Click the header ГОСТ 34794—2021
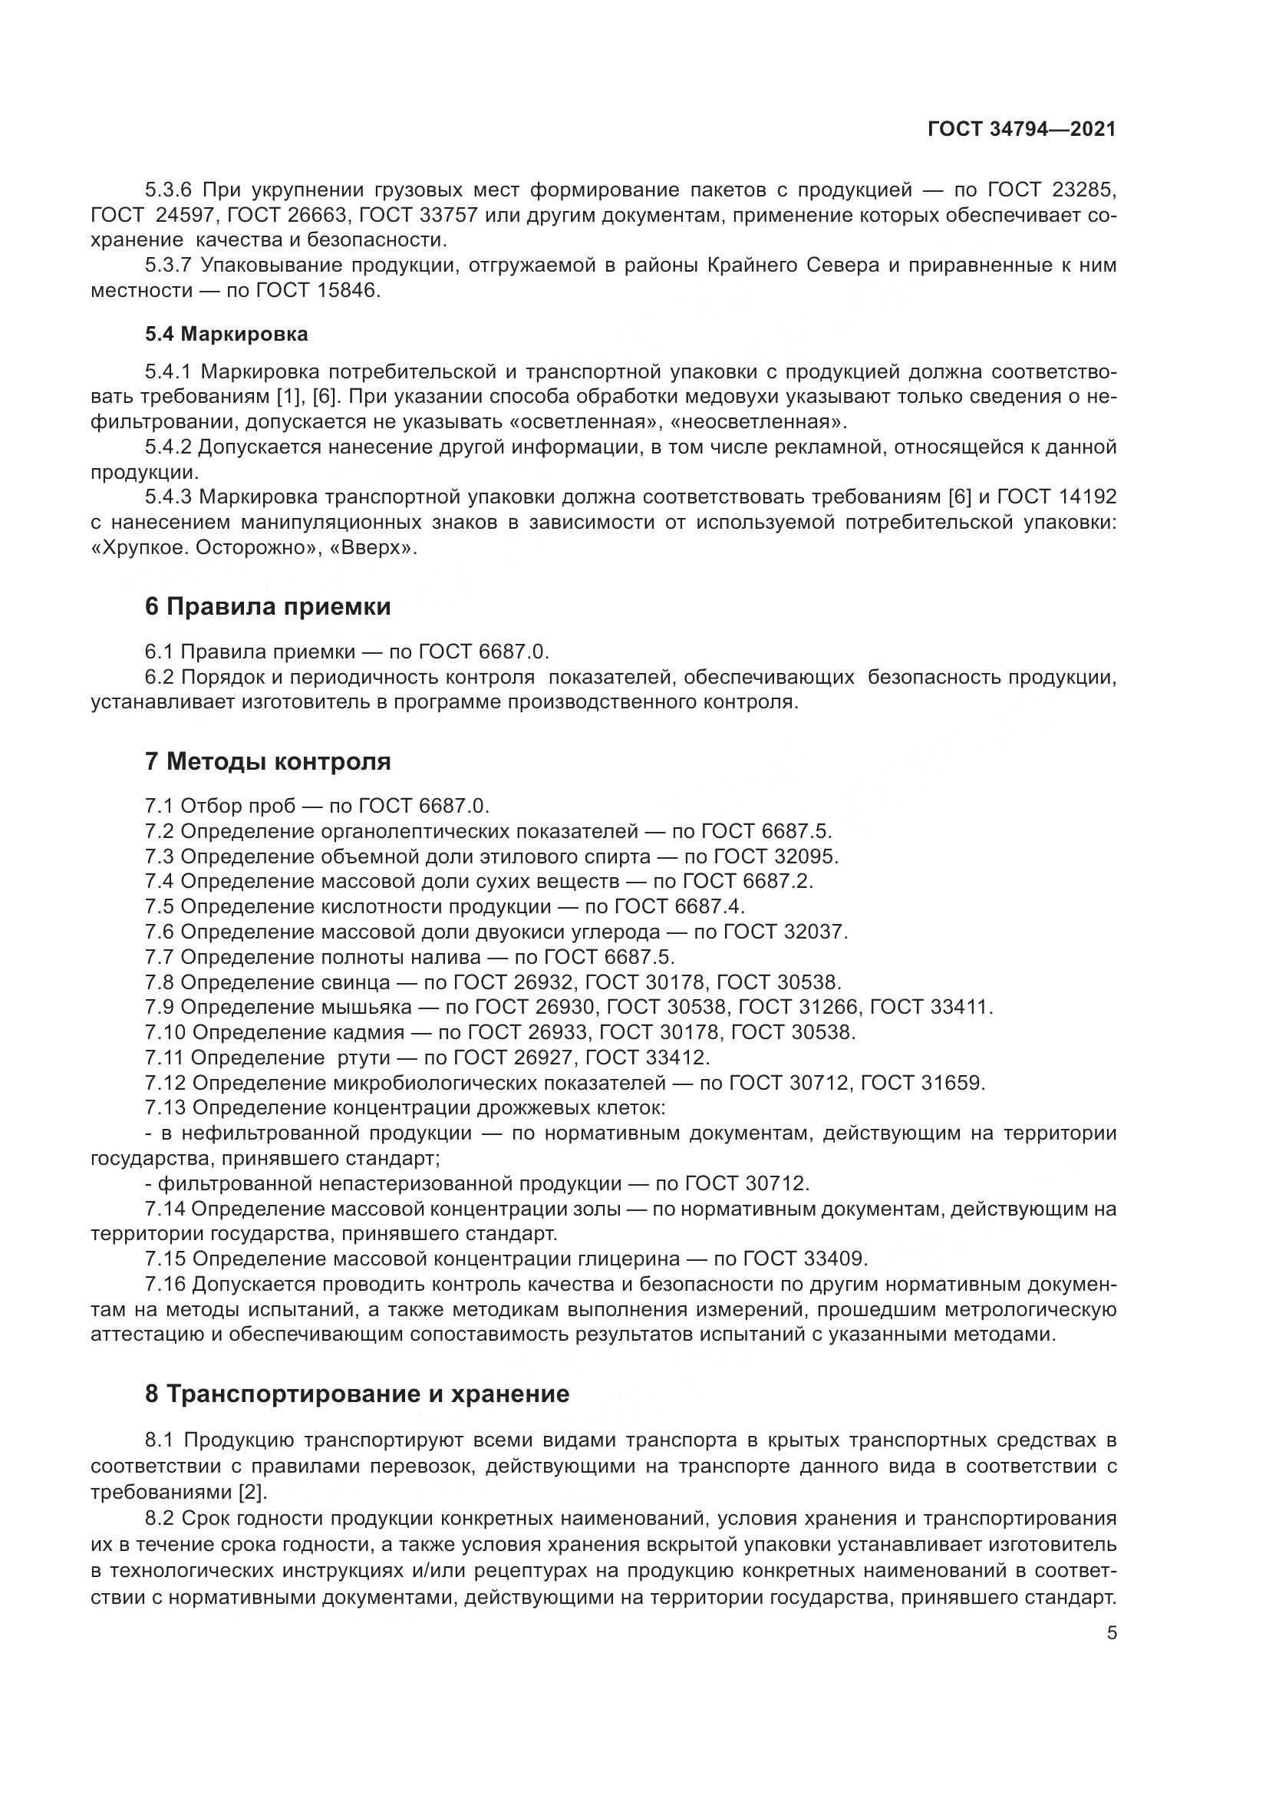(x=1021, y=129)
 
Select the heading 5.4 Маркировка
(x=226, y=334)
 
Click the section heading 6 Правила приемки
(x=267, y=606)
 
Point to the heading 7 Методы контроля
(x=267, y=761)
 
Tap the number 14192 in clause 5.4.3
(x=1088, y=497)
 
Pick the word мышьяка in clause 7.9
(x=367, y=1008)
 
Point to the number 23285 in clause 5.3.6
(x=1088, y=190)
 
